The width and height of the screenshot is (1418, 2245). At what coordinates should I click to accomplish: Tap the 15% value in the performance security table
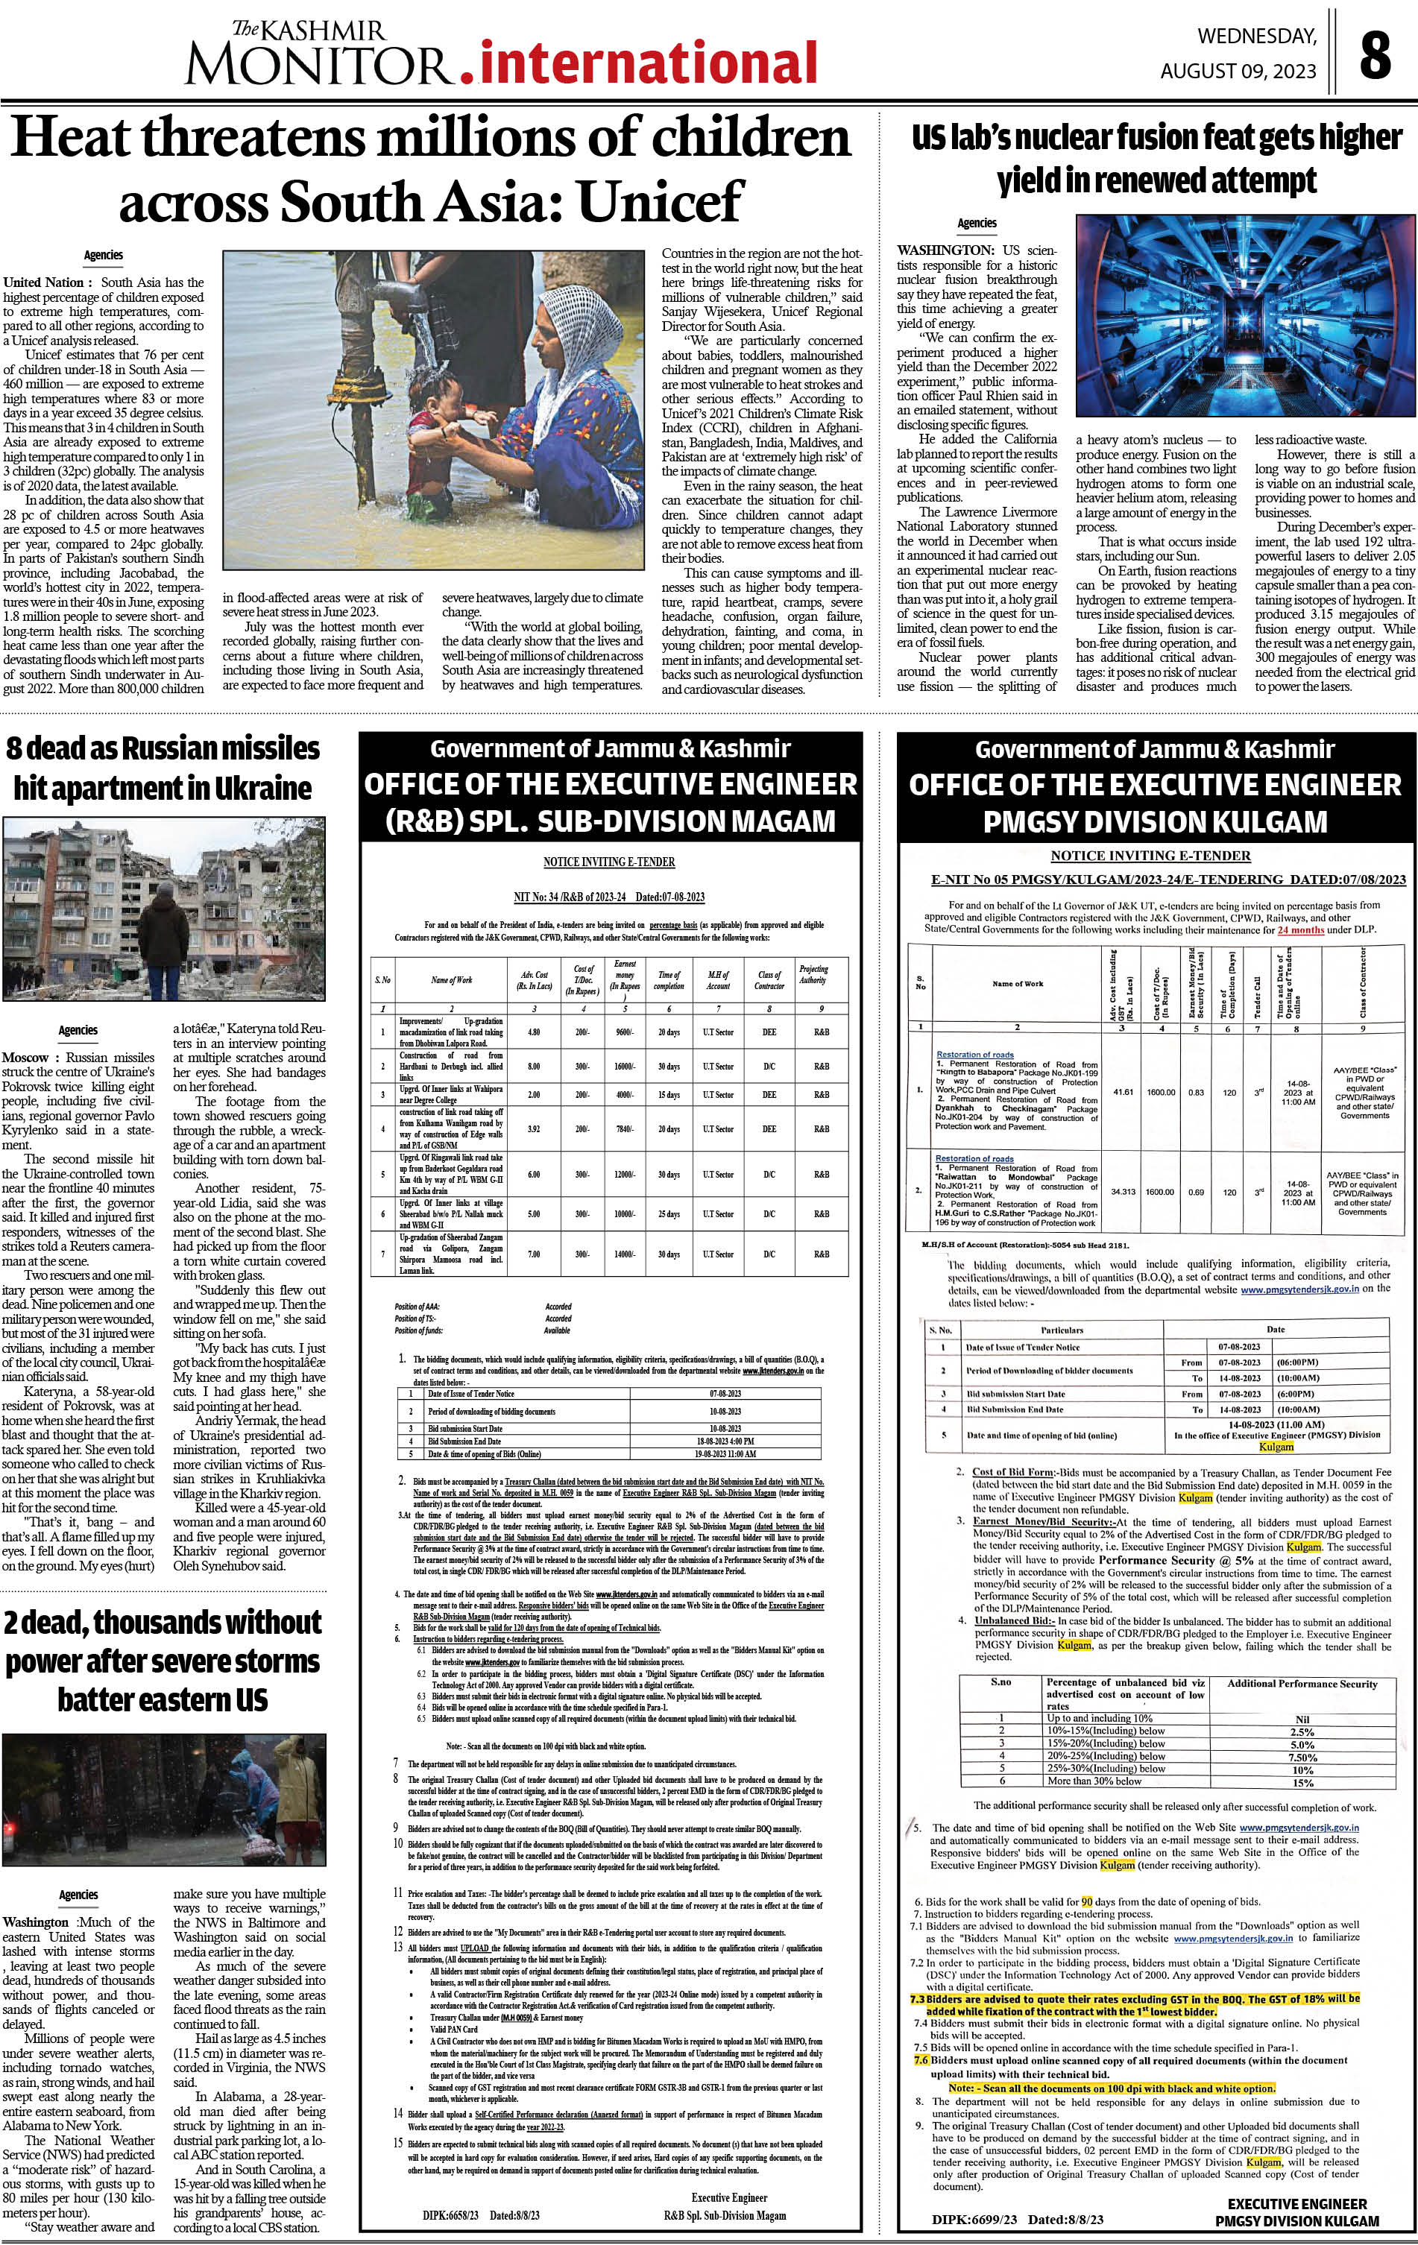1302,1783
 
